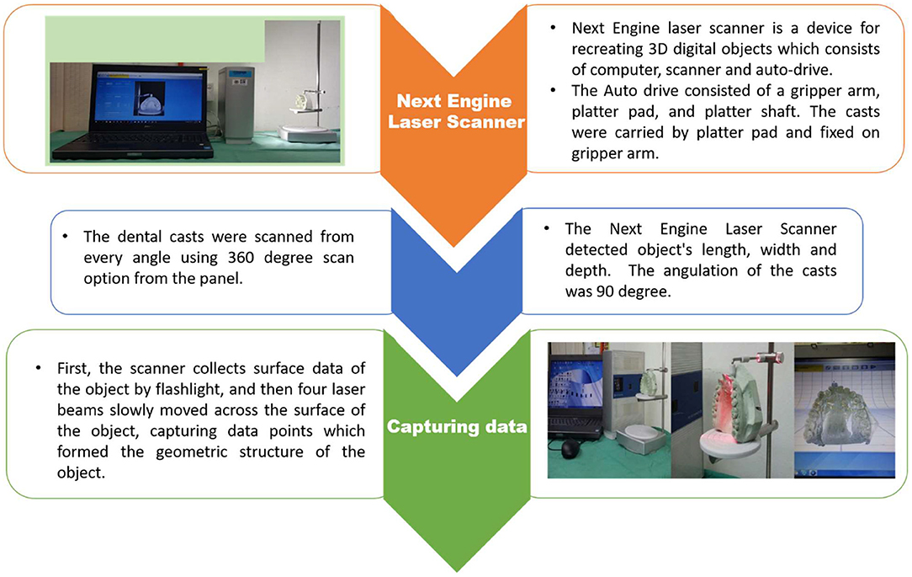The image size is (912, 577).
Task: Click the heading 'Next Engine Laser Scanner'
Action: tap(457, 111)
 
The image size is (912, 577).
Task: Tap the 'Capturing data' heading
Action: tap(457, 427)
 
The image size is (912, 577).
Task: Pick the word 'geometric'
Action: tap(191, 452)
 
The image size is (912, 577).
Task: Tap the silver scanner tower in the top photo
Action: tap(236, 104)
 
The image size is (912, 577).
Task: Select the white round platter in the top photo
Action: tap(308, 133)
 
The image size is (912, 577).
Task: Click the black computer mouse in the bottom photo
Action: tap(570, 449)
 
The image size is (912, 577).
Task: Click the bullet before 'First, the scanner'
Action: tap(38, 369)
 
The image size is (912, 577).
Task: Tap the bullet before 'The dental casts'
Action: tap(65, 237)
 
